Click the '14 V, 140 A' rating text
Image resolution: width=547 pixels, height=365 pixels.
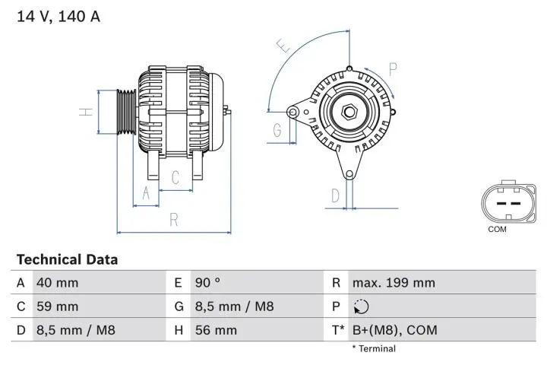58,16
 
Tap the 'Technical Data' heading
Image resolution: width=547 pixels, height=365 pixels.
67,259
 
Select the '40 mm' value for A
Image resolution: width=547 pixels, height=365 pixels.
57,283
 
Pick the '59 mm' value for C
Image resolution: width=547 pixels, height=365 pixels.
57,306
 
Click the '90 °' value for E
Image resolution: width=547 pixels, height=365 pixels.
207,283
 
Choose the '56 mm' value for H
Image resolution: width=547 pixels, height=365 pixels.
217,330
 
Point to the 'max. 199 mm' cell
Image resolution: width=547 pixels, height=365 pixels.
394,283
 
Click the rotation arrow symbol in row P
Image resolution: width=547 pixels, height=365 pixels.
360,307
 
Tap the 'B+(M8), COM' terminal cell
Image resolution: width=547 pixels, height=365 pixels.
394,330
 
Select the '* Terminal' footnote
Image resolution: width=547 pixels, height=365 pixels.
373,349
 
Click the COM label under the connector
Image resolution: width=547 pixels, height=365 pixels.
497,229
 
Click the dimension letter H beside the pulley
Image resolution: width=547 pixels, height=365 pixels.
87,112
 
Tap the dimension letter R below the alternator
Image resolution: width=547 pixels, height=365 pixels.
173,220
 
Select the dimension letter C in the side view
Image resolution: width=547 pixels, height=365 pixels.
175,178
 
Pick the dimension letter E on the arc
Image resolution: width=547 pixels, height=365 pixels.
283,47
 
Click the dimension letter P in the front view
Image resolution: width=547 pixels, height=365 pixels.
393,68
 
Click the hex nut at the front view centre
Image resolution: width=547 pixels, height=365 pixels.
349,113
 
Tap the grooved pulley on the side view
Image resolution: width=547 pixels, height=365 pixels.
125,112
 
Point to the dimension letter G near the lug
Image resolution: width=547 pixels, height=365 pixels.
277,130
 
